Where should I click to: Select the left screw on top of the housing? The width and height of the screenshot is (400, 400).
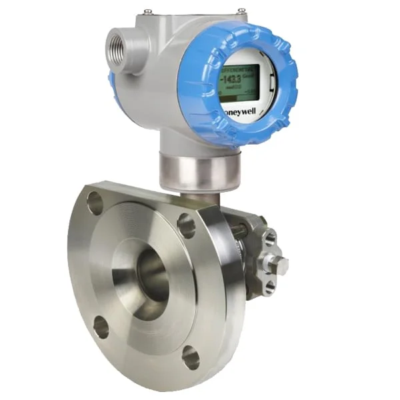[148, 11]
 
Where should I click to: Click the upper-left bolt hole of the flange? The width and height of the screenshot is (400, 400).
[95, 201]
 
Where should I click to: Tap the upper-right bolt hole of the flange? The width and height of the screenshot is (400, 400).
[187, 227]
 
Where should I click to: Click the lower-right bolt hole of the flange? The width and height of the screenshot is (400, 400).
[190, 358]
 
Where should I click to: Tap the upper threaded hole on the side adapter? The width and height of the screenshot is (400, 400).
[270, 238]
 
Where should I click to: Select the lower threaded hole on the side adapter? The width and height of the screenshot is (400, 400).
[268, 287]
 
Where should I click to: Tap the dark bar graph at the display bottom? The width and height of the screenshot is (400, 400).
[237, 99]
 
